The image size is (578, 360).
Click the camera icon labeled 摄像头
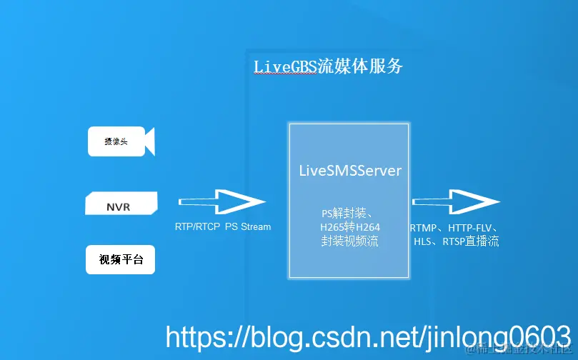tap(121, 141)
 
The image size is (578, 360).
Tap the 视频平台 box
tap(121, 260)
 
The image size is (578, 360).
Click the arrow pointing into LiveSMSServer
tap(221, 203)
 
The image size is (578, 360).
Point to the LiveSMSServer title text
tap(349, 171)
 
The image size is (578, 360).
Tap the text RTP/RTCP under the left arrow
tap(197, 227)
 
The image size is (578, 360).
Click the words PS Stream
tap(248, 227)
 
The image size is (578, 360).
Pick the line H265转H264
tap(349, 227)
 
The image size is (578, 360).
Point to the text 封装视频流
tap(349, 241)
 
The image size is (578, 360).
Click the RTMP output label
tap(424, 228)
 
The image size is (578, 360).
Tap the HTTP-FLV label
tap(472, 228)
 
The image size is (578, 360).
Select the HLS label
tap(424, 242)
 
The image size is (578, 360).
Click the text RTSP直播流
tap(471, 242)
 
